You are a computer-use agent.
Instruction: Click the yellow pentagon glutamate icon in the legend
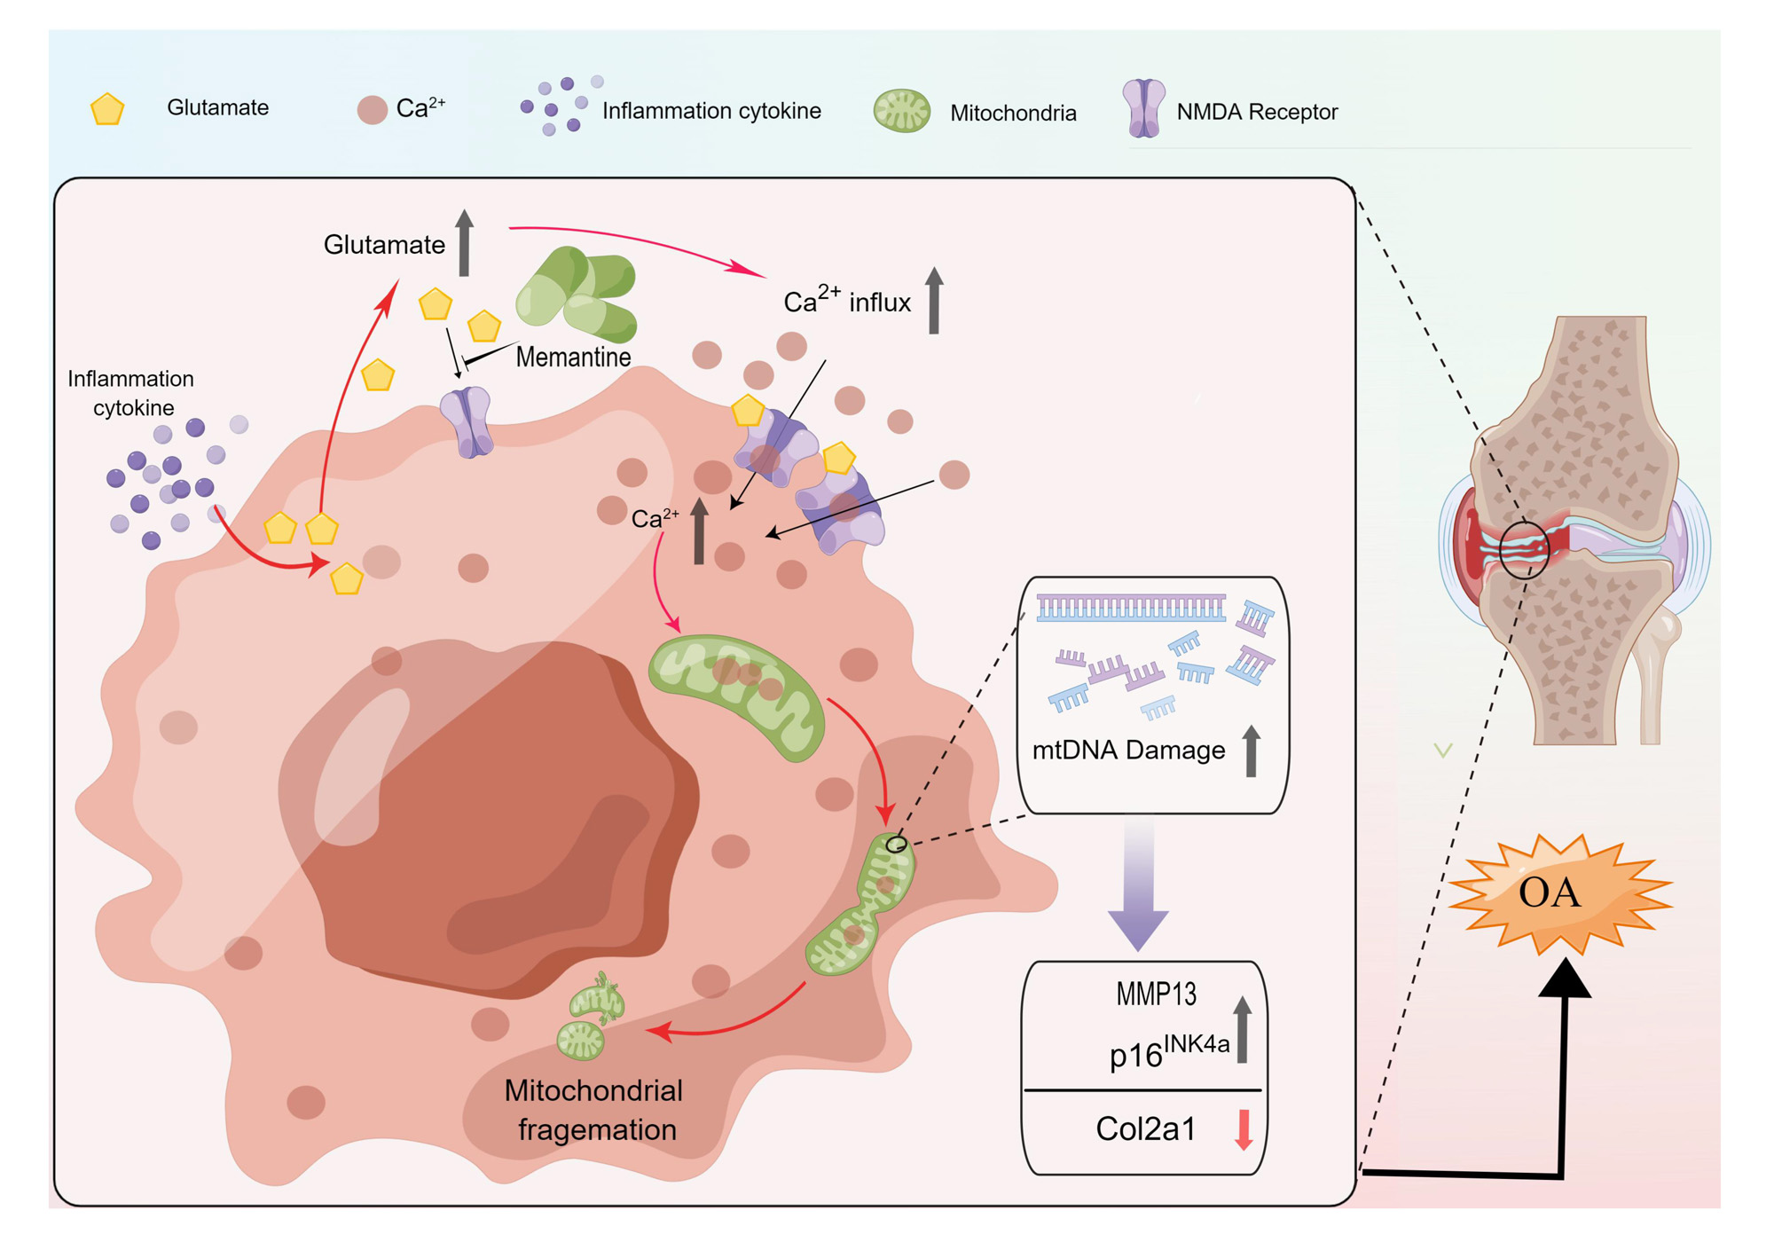click(107, 109)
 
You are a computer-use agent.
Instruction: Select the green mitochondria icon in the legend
click(901, 111)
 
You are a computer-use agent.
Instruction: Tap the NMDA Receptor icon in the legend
click(1144, 109)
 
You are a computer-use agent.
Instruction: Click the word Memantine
click(573, 358)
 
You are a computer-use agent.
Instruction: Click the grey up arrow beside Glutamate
click(464, 242)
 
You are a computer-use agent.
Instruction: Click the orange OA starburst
click(1558, 892)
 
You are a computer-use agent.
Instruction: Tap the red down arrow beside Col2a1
click(1244, 1129)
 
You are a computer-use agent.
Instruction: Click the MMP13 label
click(1156, 994)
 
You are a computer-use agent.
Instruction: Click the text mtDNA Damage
click(1128, 751)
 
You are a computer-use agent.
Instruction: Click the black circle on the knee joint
click(1524, 551)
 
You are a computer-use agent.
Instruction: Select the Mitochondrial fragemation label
click(594, 1110)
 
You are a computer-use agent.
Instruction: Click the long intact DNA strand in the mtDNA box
click(1131, 608)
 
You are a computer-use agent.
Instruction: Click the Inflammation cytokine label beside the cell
click(131, 393)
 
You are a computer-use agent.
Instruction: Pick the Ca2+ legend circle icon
click(373, 110)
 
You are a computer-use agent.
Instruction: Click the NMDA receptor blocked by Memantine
click(467, 421)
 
